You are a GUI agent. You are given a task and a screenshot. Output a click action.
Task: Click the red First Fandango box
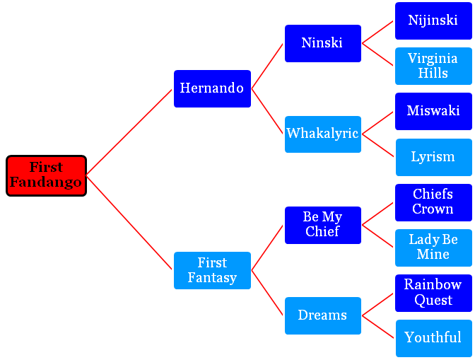click(x=47, y=176)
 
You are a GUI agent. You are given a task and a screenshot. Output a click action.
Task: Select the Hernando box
click(x=212, y=89)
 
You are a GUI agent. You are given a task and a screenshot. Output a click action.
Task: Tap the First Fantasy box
click(x=212, y=270)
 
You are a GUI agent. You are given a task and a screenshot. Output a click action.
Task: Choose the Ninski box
click(x=323, y=43)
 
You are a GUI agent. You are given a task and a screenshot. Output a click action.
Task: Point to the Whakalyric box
click(x=323, y=134)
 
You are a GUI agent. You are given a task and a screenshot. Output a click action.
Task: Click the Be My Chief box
click(x=323, y=225)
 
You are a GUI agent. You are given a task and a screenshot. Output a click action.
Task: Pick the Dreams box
click(x=323, y=315)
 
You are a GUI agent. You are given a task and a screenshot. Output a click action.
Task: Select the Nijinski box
click(x=433, y=21)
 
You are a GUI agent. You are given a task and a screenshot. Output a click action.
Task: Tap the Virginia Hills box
click(x=433, y=66)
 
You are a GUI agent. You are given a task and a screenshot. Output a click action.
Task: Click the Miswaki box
click(x=433, y=112)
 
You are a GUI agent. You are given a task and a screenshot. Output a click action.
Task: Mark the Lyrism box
click(x=434, y=157)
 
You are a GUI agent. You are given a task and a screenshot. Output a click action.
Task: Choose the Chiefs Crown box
click(x=433, y=202)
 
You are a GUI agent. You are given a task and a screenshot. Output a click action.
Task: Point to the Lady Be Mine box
click(x=433, y=248)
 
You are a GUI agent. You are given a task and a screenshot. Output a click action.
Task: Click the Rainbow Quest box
click(x=433, y=293)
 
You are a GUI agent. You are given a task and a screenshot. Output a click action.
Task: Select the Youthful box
click(x=434, y=339)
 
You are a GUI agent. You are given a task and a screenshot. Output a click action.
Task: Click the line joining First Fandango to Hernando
click(x=129, y=132)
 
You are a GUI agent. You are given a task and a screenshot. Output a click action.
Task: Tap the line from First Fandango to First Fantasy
click(x=129, y=222)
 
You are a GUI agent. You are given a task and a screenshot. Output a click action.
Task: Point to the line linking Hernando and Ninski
click(x=267, y=66)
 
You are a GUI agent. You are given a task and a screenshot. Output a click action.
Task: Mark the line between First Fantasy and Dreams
click(x=267, y=293)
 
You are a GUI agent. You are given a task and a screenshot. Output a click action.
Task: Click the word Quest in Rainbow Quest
click(x=433, y=301)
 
